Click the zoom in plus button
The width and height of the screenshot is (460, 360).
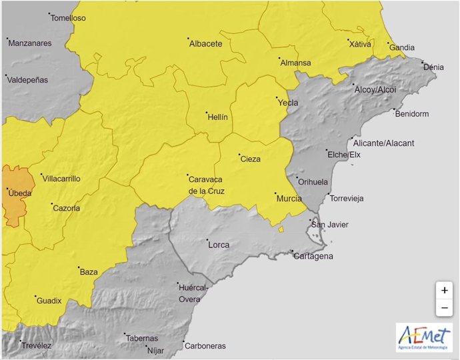[x=444, y=291]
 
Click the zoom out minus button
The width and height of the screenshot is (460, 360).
[x=444, y=308]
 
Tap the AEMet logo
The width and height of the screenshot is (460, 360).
[x=423, y=337]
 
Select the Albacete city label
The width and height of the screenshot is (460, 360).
[x=205, y=44]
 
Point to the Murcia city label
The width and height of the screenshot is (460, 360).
[x=289, y=198]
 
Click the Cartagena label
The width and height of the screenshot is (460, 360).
[x=313, y=257]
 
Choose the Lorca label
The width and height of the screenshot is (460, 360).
[x=219, y=245]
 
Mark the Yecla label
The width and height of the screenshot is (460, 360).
[x=287, y=103]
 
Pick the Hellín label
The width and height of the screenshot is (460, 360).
[x=217, y=117]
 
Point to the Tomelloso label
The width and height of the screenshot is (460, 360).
[x=68, y=18]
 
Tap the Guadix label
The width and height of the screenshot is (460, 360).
[x=49, y=301]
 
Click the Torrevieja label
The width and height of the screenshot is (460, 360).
[x=349, y=199]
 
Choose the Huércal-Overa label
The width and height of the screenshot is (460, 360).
[x=193, y=293]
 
